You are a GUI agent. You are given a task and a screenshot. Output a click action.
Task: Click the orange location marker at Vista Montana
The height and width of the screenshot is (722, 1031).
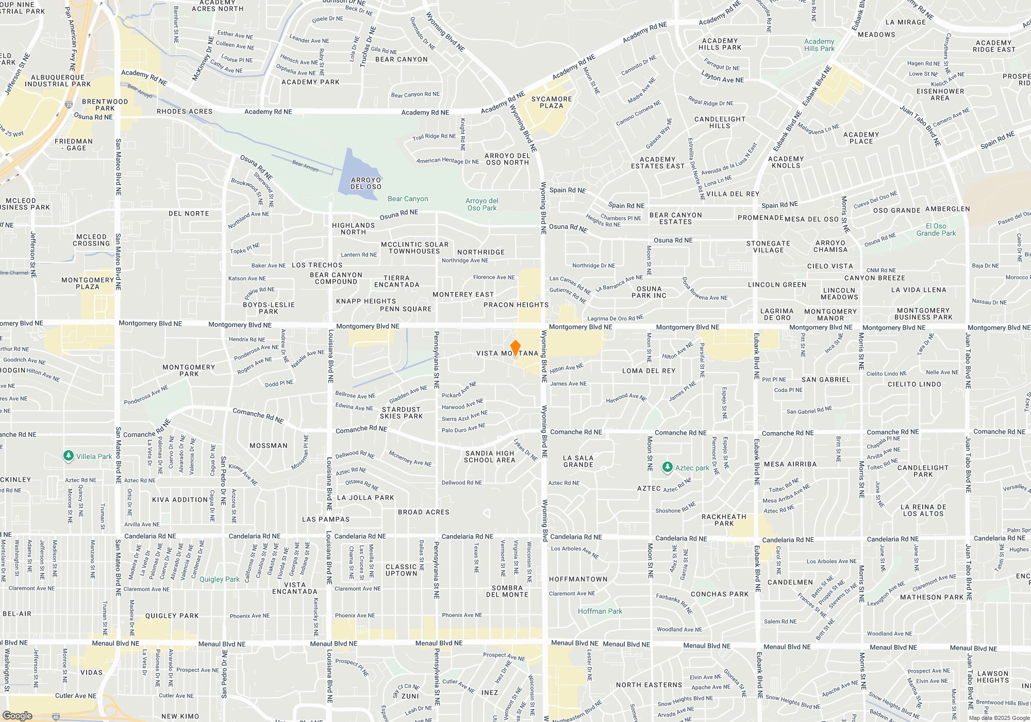click(515, 348)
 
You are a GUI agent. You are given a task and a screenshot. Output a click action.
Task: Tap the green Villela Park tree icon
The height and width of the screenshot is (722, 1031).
click(68, 456)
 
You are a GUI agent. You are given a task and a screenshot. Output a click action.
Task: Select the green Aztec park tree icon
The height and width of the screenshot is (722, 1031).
click(667, 467)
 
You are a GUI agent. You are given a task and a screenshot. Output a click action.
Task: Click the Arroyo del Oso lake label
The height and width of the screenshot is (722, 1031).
click(366, 184)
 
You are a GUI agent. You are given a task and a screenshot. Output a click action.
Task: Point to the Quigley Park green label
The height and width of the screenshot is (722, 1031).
click(220, 579)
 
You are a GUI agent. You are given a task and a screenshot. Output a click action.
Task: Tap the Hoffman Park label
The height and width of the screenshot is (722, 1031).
click(600, 611)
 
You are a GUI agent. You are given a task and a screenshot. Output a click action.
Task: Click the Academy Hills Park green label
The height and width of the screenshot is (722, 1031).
click(819, 45)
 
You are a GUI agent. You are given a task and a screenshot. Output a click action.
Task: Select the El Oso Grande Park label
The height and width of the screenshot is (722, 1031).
click(936, 229)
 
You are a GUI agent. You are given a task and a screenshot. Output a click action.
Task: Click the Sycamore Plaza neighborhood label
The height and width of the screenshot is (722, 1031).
click(552, 102)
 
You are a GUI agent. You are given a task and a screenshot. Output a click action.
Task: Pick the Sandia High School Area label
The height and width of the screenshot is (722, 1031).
click(490, 457)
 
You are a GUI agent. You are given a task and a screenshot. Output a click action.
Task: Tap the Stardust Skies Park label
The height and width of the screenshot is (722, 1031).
click(402, 413)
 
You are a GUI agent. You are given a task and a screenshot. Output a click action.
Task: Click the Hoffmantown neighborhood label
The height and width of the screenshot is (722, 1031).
click(578, 579)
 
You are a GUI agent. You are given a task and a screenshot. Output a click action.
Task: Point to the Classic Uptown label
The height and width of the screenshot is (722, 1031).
click(402, 570)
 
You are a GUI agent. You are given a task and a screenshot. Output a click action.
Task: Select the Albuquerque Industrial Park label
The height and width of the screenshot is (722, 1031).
click(58, 80)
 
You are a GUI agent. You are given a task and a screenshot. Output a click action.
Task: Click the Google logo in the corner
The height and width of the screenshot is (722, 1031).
click(17, 716)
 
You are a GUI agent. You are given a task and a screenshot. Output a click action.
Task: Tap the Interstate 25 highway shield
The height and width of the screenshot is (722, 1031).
click(69, 105)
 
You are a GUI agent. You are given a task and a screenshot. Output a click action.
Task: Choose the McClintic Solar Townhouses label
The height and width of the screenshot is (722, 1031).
click(414, 248)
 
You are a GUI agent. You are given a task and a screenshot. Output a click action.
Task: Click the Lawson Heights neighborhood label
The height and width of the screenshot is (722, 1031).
click(993, 677)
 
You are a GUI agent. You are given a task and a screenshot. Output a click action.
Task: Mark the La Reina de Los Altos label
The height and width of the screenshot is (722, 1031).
click(923, 510)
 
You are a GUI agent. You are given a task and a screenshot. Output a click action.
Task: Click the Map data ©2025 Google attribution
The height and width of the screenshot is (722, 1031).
click(999, 718)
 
